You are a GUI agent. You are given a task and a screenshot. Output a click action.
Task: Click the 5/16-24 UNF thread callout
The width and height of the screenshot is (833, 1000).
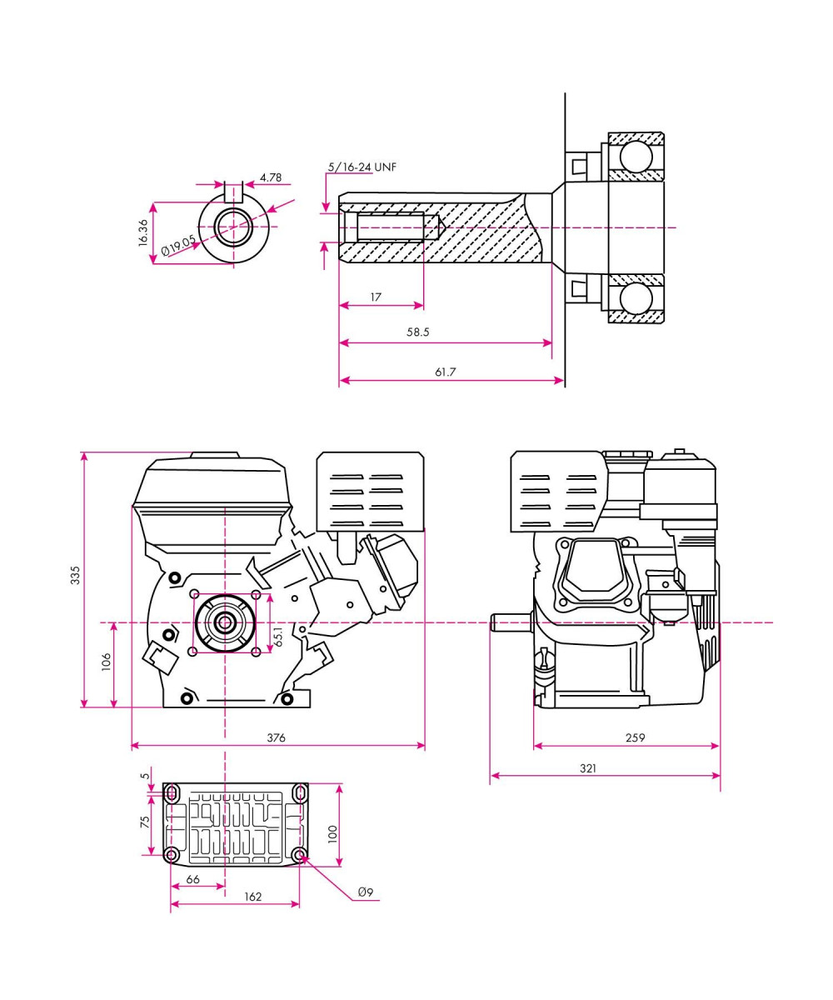362,167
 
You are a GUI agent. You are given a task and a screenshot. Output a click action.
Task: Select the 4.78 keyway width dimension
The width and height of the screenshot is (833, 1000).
271,177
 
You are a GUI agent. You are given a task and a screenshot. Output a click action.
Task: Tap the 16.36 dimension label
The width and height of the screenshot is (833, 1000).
143,232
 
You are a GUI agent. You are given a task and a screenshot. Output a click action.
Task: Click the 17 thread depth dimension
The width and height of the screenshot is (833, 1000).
377,296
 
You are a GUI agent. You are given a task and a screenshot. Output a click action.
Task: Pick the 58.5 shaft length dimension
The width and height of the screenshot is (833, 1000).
418,332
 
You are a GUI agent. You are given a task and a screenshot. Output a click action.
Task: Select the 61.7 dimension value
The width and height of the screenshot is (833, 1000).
446,372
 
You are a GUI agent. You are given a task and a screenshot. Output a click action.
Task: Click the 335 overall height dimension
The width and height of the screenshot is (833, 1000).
75,575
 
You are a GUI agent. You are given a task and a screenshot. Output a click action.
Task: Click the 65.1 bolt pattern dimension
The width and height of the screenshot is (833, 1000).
279,636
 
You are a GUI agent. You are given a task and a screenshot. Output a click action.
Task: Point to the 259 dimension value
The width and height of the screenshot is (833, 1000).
635,737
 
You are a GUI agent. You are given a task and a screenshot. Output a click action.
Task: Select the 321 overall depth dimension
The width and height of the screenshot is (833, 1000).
588,768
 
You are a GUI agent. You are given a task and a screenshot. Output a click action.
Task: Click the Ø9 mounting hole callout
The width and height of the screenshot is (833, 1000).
365,892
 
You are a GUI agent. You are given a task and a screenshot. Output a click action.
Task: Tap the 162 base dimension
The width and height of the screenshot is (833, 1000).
253,897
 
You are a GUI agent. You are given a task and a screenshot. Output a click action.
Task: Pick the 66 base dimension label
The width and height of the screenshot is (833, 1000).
192,879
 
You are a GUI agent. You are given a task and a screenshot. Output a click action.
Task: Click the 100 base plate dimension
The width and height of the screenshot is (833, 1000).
332,834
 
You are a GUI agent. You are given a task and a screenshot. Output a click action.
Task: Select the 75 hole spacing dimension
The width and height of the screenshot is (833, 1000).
145,822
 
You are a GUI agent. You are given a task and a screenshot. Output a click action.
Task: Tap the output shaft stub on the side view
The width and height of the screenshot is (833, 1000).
510,622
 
